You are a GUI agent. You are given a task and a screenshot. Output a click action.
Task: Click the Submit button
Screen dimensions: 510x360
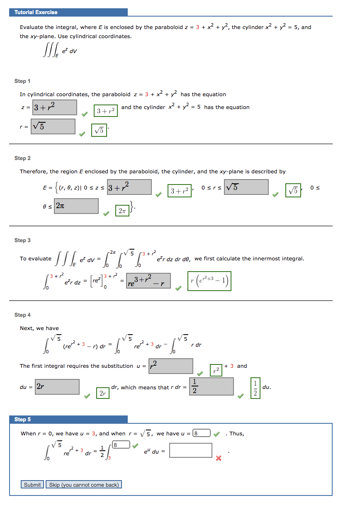[x=32, y=485]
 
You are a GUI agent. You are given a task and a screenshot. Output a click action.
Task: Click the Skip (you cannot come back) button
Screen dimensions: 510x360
[x=84, y=485]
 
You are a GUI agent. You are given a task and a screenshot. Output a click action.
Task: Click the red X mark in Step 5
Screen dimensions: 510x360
[x=219, y=458]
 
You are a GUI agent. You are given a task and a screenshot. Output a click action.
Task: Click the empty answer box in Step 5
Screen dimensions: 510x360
[x=191, y=450]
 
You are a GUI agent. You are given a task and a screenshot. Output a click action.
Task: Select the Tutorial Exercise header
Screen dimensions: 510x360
[x=36, y=12]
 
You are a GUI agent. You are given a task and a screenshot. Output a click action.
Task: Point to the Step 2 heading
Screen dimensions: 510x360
[x=22, y=158]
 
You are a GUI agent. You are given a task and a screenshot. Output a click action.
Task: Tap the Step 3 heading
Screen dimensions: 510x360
[x=22, y=240]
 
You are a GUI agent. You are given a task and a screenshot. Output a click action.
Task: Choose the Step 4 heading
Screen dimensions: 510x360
[x=22, y=315]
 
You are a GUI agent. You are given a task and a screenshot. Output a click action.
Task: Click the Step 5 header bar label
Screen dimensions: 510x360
[x=23, y=420]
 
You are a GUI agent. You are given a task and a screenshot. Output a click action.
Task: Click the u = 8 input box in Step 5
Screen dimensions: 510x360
[x=202, y=433]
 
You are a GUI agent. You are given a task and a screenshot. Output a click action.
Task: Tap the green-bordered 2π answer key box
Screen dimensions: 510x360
[x=122, y=211]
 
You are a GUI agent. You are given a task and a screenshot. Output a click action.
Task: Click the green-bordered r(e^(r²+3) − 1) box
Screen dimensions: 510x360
[x=209, y=282]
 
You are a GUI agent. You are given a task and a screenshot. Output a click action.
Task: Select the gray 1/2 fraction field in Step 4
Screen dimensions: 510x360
[x=211, y=386]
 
